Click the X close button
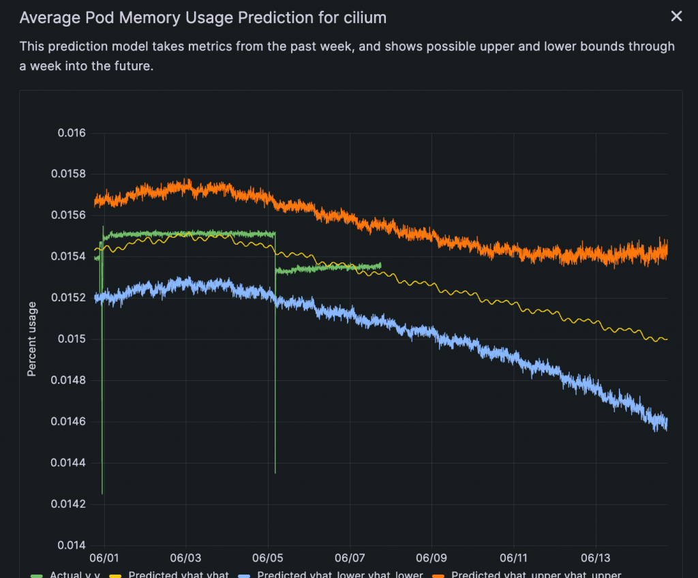(676, 16)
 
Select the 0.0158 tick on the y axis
(69, 174)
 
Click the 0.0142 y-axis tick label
(69, 504)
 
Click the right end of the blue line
(667, 424)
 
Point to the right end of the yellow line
(667, 339)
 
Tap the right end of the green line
(380, 265)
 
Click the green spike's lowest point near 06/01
(102, 493)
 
